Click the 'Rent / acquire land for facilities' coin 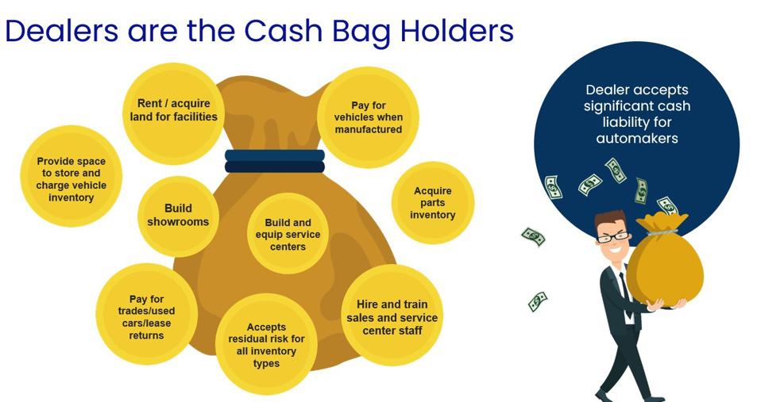coord(173,114)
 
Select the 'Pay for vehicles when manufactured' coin coord(369,117)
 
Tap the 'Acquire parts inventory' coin coord(433,202)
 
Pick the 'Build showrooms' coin coord(178,216)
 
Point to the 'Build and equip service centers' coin coord(288,234)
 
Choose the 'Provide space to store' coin coord(71,176)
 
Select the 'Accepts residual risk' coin coord(266,344)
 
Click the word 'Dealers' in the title coord(62,30)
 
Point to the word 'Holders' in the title coord(457,30)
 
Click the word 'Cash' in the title coord(283,30)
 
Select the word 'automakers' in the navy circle coord(637,139)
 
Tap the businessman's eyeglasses coord(612,237)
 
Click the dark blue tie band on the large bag coord(275,161)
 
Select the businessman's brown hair coord(609,219)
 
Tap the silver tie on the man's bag coord(662,232)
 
